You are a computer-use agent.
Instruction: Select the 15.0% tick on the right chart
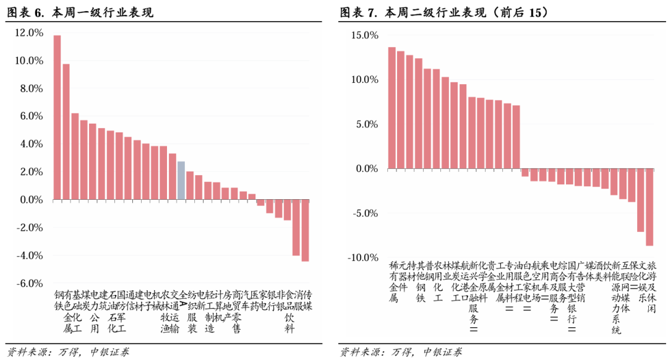(x=364, y=35)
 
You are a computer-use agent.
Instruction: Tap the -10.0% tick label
(x=362, y=257)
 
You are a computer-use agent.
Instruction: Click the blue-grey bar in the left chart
(x=181, y=181)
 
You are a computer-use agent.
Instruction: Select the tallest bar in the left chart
(x=57, y=118)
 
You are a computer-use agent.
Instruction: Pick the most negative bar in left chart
(x=305, y=230)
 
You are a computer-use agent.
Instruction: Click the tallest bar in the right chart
(x=392, y=108)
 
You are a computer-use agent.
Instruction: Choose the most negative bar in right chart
(x=649, y=207)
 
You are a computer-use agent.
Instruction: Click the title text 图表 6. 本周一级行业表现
(x=80, y=12)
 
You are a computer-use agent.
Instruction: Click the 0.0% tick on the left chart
(x=30, y=200)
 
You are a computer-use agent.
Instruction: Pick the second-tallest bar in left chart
(x=66, y=132)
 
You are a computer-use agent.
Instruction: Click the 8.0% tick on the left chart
(x=30, y=88)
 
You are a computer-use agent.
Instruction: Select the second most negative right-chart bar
(x=641, y=200)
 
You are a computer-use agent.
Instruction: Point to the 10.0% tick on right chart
(x=364, y=80)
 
